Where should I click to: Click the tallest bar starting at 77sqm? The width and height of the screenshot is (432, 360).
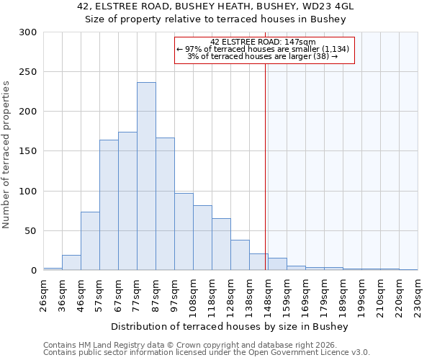pyautogui.click(x=146, y=176)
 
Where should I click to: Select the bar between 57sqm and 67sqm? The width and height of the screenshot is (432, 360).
pyautogui.click(x=109, y=205)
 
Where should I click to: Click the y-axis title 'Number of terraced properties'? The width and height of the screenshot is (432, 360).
pyautogui.click(x=6, y=154)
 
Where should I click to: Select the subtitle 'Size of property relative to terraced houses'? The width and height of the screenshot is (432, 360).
pyautogui.click(x=215, y=19)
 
